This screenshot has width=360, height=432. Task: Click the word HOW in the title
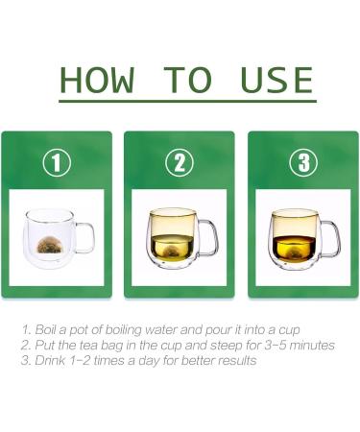coord(97,80)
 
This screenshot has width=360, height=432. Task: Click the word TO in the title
coord(188,80)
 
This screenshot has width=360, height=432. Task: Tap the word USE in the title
coord(277,80)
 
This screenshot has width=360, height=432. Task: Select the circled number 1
coord(57,162)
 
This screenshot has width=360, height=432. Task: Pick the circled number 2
coord(180,162)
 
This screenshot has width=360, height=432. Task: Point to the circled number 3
coord(303,162)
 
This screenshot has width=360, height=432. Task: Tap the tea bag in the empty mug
coord(49,245)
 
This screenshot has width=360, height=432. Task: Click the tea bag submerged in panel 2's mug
coord(172,252)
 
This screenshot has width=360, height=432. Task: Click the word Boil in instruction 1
coord(44,329)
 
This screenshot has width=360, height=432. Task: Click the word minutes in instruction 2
coord(309,345)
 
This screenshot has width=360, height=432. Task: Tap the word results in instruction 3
coord(237,361)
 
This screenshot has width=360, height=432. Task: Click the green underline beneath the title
coord(187,101)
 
